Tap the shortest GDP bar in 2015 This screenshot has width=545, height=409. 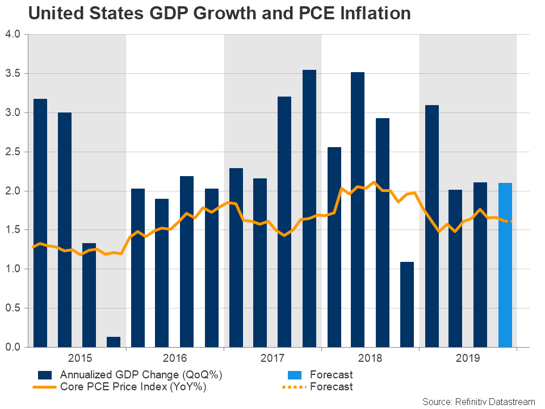114,341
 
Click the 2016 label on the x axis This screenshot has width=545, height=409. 175,359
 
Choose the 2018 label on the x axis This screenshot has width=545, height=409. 370,359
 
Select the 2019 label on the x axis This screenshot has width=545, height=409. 468,359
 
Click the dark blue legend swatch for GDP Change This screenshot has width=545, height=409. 45,375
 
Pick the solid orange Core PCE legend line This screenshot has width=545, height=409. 45,387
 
